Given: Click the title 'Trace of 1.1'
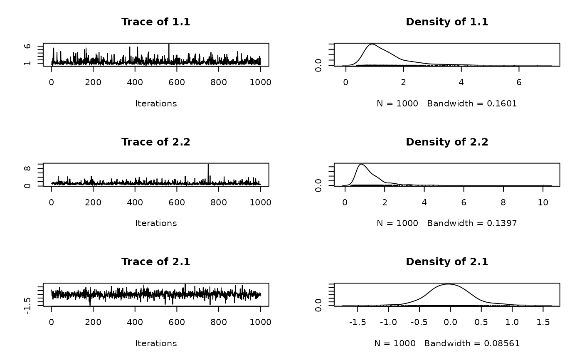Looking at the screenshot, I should pyautogui.click(x=155, y=22).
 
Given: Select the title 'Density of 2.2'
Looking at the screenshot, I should pyautogui.click(x=447, y=142).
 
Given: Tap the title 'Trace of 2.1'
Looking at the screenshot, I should pyautogui.click(x=155, y=261).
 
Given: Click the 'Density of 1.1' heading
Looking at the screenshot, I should pyautogui.click(x=447, y=22).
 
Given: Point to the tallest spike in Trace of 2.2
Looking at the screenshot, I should pyautogui.click(x=208, y=165).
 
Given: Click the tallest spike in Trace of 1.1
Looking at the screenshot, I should pyautogui.click(x=169, y=44).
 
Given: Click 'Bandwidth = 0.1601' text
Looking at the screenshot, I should pyautogui.click(x=472, y=104).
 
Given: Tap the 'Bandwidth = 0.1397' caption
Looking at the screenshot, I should pyautogui.click(x=472, y=223).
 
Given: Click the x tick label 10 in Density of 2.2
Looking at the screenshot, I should pyautogui.click(x=543, y=202).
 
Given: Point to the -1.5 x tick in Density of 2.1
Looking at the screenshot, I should pyautogui.click(x=358, y=322).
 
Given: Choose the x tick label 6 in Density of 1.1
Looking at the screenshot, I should pyautogui.click(x=518, y=82).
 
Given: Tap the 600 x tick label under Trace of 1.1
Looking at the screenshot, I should pyautogui.click(x=177, y=82).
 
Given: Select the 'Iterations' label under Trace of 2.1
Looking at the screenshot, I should pyautogui.click(x=156, y=343).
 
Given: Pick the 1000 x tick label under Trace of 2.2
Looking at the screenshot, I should pyautogui.click(x=260, y=202).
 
